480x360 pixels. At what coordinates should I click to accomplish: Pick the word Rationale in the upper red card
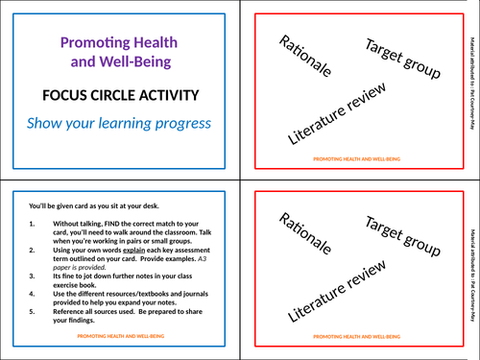pyautogui.click(x=305, y=57)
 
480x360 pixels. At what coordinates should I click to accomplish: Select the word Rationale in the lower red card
pyautogui.click(x=305, y=239)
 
